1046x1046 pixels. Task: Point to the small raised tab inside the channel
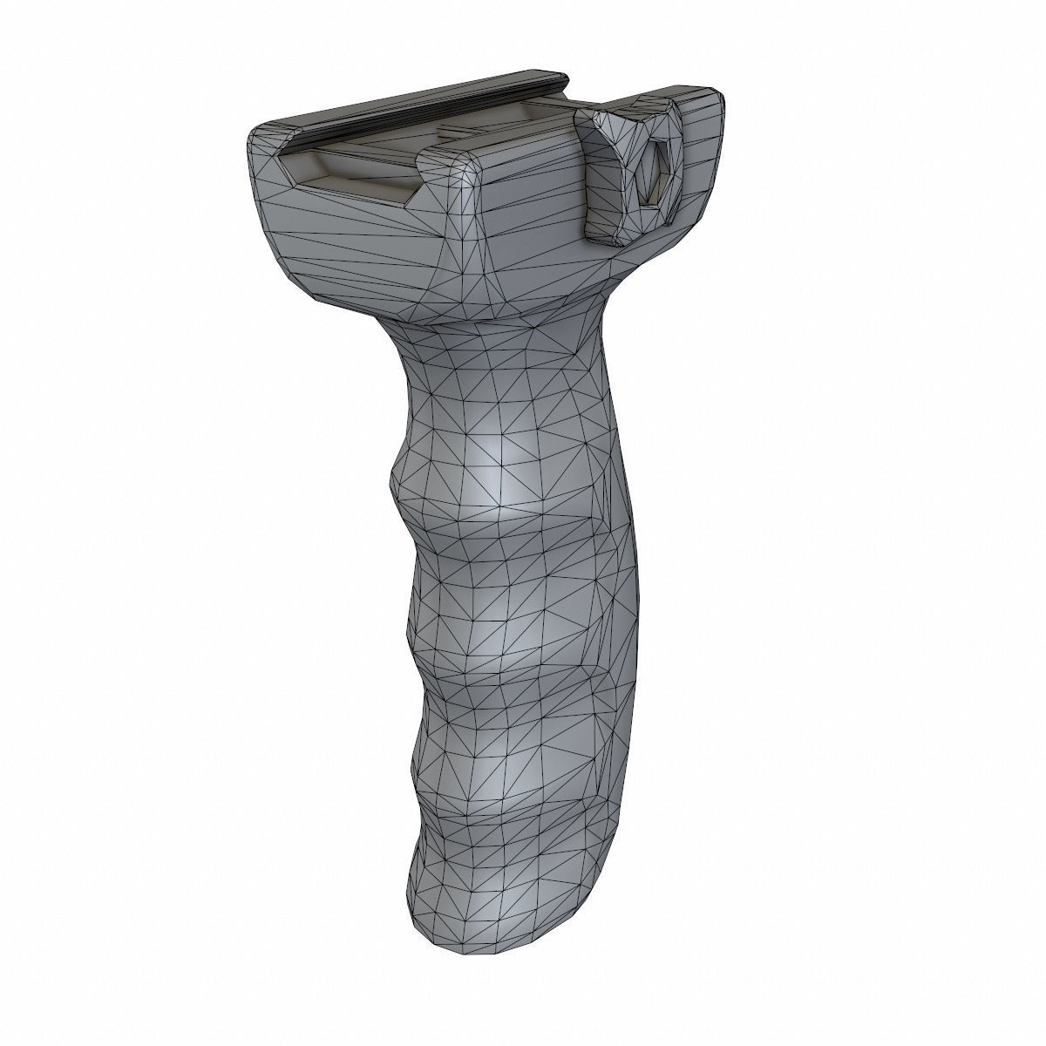pyautogui.click(x=462, y=131)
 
